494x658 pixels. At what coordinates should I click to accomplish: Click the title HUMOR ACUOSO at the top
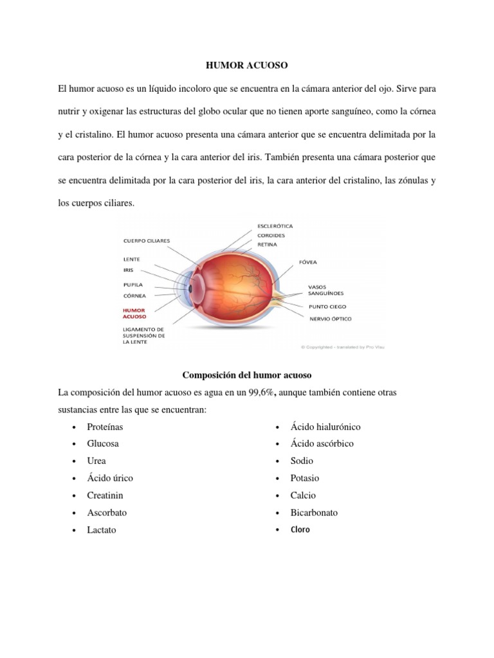[x=247, y=66]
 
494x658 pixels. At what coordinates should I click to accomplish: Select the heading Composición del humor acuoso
[x=246, y=375]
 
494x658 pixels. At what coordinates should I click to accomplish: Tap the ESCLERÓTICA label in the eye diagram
[x=275, y=226]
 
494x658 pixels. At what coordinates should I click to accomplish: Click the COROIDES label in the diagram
[x=271, y=235]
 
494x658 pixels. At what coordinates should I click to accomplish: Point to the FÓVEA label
[x=307, y=262]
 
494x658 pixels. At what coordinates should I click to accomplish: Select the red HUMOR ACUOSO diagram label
[x=135, y=313]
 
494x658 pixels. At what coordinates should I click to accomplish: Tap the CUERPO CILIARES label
[x=147, y=241]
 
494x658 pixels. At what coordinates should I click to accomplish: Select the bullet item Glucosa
[x=103, y=443]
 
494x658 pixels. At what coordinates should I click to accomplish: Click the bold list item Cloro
[x=299, y=530]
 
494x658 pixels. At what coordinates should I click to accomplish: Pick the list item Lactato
[x=102, y=530]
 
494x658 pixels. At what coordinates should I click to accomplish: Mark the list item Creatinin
[x=105, y=495]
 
